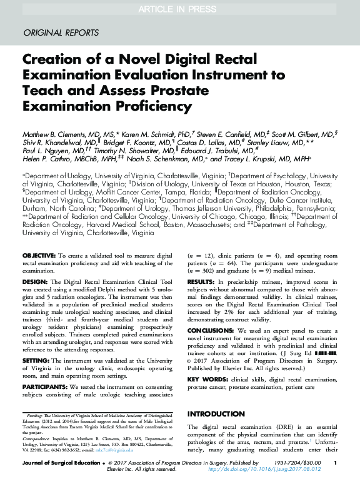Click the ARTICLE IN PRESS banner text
pyautogui.click(x=180, y=8)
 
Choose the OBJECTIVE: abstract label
pyautogui.click(x=39, y=257)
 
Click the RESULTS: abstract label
pyautogui.click(x=202, y=281)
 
